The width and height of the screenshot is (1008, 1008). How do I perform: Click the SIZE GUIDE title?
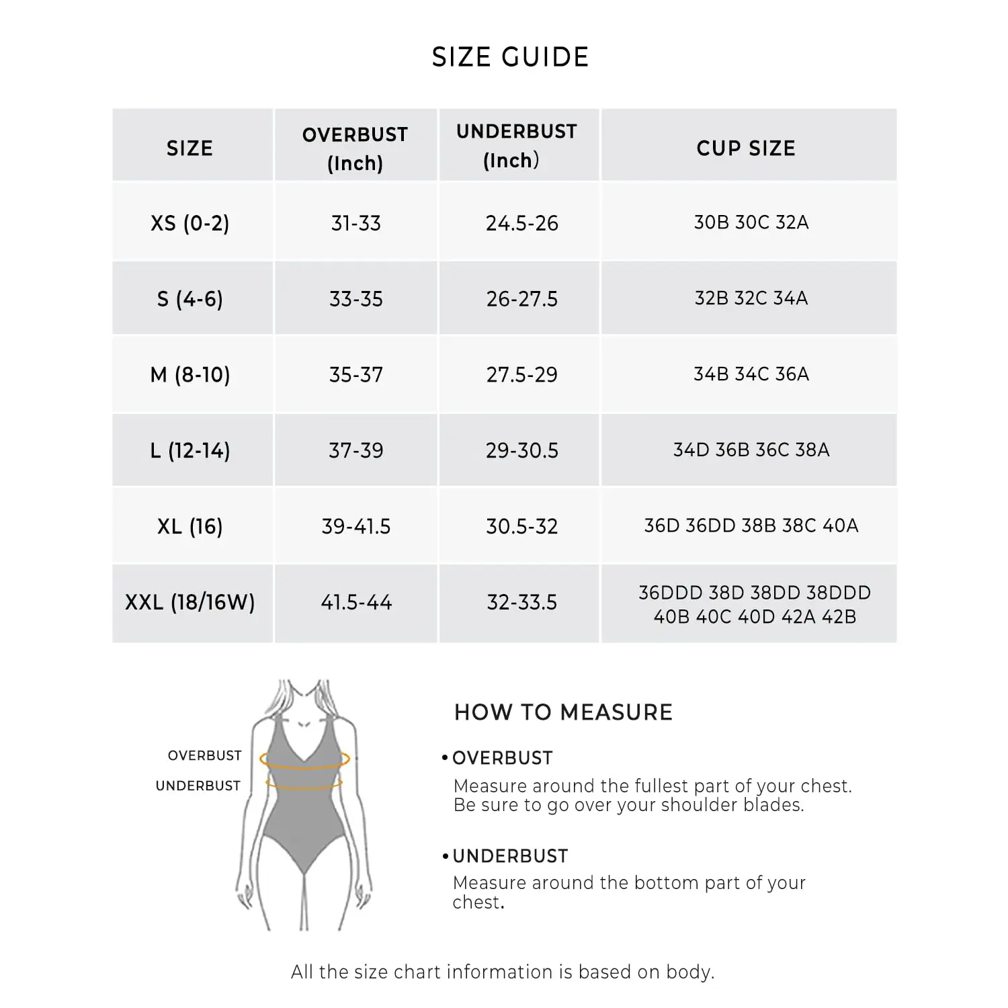(x=510, y=57)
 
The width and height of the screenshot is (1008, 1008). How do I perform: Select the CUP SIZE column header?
(x=746, y=148)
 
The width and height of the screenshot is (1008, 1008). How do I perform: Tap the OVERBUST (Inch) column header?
(x=355, y=148)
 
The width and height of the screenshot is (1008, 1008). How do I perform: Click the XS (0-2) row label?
(x=190, y=223)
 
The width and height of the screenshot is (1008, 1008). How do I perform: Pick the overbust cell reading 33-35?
(x=355, y=299)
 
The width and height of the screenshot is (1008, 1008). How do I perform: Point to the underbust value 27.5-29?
(x=521, y=374)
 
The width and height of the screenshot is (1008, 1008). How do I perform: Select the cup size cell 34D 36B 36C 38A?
(x=751, y=450)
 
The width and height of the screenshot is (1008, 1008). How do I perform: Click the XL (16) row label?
(x=190, y=526)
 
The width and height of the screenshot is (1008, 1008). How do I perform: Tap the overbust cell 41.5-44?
(x=355, y=602)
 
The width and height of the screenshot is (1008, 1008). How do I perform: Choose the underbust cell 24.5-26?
(x=521, y=223)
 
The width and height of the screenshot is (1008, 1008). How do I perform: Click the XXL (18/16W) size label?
(x=190, y=602)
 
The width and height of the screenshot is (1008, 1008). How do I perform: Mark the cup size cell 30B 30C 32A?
(x=751, y=222)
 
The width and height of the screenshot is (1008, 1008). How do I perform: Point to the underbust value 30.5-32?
(x=521, y=526)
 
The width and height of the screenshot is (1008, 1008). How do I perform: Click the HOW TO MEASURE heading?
(x=563, y=712)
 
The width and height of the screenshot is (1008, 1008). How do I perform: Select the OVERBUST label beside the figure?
(x=204, y=755)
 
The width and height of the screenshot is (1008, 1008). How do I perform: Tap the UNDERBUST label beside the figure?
(x=198, y=786)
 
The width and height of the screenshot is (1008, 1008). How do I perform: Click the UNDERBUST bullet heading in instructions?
(x=509, y=856)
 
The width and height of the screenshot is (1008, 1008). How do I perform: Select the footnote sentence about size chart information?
(x=503, y=972)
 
